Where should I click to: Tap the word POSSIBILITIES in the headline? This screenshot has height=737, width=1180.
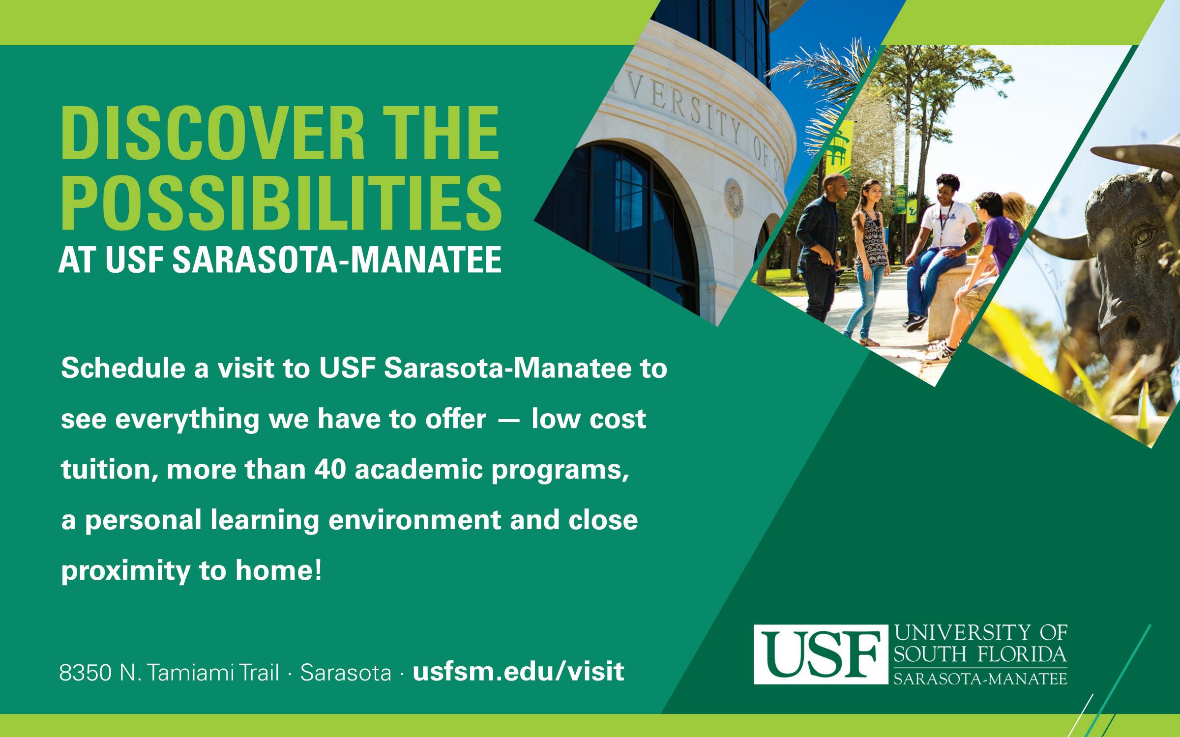pos(280,203)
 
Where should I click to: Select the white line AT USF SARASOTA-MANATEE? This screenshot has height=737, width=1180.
pos(280,260)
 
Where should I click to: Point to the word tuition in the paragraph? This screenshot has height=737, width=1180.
pos(108,470)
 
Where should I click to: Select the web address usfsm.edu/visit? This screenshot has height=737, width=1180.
pos(519,671)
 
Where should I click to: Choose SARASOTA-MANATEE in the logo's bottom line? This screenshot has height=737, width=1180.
pos(980,678)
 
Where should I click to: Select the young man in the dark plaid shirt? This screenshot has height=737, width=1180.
pos(819,255)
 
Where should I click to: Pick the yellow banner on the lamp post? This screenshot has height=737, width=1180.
pos(838,148)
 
